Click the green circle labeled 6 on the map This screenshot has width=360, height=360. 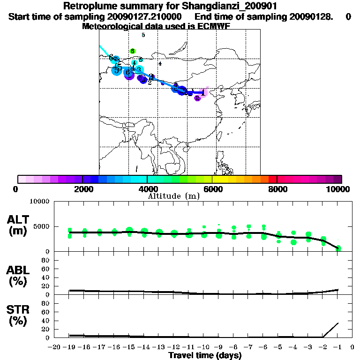(133, 51)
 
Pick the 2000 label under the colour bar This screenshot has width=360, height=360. (82, 189)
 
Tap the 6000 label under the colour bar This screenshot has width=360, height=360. (212, 189)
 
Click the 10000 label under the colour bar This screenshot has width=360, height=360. (339, 189)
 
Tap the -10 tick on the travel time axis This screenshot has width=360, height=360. (204, 347)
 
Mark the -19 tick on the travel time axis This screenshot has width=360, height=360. (70, 347)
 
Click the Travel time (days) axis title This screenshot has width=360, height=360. (205, 356)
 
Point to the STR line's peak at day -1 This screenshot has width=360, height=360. (338, 323)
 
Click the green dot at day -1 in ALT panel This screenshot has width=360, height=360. (338, 248)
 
